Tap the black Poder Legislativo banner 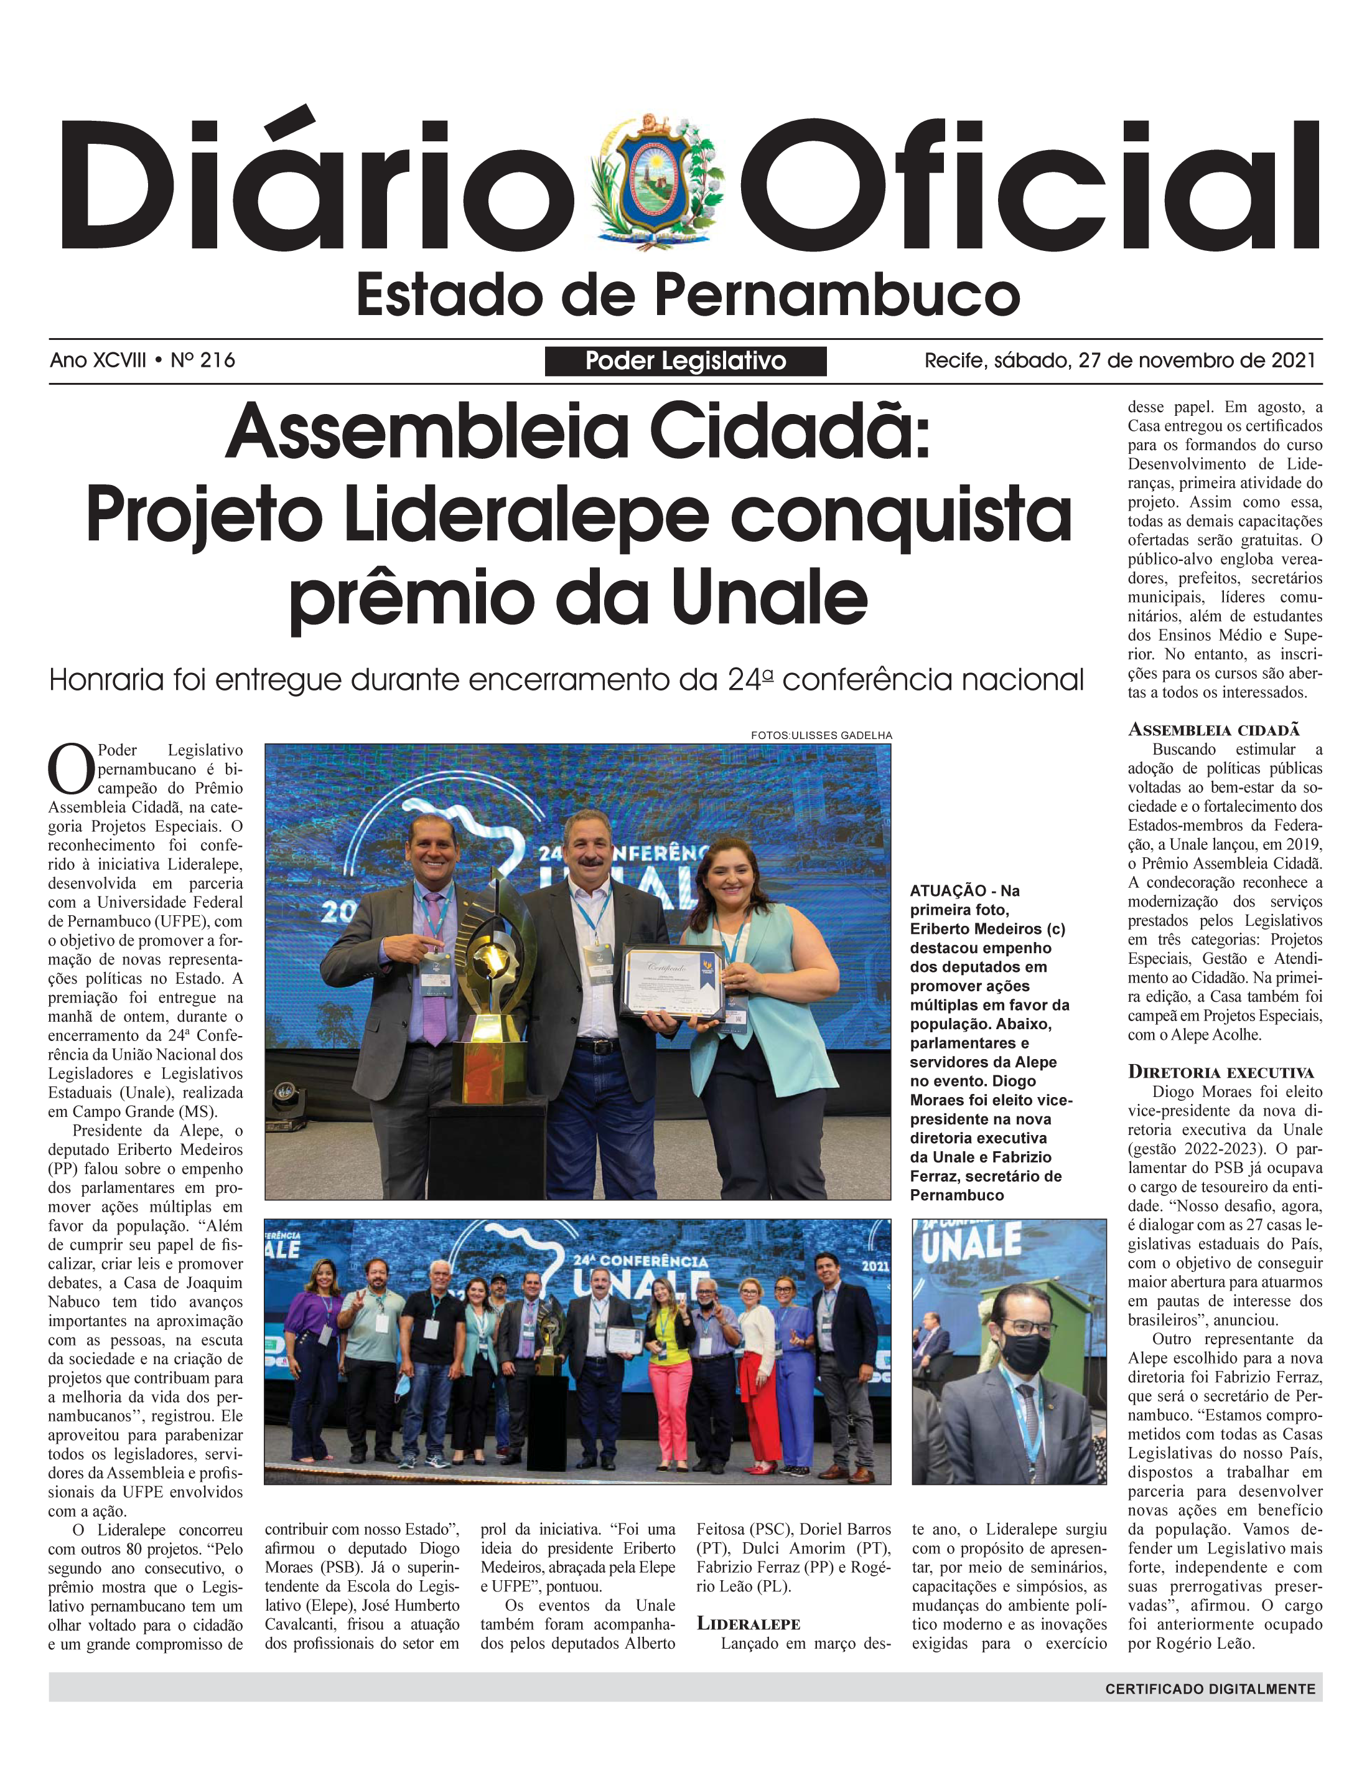click(685, 361)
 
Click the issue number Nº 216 click(203, 360)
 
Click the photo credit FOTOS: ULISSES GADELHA click(821, 735)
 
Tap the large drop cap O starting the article click(70, 769)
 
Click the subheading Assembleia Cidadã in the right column click(1213, 730)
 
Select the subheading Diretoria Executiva click(1220, 1072)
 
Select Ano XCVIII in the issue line click(98, 360)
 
